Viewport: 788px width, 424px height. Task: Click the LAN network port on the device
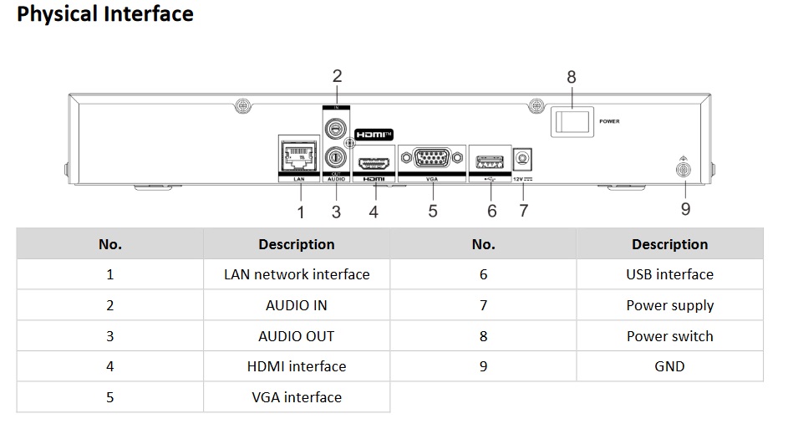point(299,156)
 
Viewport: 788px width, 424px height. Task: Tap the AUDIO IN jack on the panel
point(335,129)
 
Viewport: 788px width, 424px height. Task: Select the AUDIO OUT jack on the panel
point(335,158)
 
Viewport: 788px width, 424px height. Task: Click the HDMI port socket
point(374,163)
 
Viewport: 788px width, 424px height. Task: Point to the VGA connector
point(432,158)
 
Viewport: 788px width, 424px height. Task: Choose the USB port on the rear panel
point(490,162)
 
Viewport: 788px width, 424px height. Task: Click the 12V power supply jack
point(522,160)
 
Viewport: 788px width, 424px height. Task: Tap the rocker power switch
point(572,122)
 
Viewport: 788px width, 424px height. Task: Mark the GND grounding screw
point(683,170)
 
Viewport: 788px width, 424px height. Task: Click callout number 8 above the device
point(572,77)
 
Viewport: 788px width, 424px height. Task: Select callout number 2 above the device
point(338,76)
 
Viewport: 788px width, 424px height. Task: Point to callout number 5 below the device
point(433,211)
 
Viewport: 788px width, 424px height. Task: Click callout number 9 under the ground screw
point(685,209)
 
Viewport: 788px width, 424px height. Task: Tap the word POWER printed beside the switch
point(609,121)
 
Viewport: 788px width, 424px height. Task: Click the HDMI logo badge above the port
point(374,135)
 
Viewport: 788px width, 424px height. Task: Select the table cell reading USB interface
point(670,274)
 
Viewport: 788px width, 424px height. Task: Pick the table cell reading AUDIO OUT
point(297,336)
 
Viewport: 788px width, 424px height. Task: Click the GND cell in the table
point(670,366)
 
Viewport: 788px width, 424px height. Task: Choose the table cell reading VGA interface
point(297,397)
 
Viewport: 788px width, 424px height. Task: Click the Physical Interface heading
point(105,13)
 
